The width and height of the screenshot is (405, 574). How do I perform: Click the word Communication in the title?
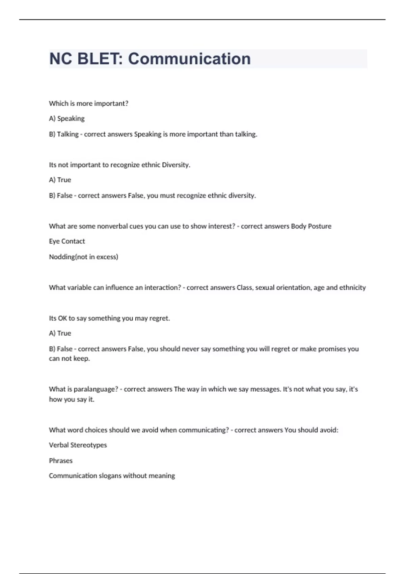tap(189, 59)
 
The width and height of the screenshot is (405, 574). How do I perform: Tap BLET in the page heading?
tap(98, 59)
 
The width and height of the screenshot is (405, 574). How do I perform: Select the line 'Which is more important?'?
tap(88, 103)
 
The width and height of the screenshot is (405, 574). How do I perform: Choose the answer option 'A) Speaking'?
tap(67, 119)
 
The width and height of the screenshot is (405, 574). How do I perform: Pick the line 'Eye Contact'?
tap(67, 241)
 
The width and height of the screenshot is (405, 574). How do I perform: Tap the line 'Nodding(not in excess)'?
tap(83, 257)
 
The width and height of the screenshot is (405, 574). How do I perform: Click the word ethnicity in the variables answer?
tap(352, 287)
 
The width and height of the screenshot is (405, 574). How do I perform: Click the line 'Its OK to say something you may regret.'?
tap(109, 318)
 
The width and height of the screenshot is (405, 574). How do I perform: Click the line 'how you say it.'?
tap(72, 399)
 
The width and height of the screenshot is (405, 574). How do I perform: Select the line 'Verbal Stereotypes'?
tap(78, 445)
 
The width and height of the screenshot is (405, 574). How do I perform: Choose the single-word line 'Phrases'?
tap(61, 461)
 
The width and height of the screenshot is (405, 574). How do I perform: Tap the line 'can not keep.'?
tap(69, 359)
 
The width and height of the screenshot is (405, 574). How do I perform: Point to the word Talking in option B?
tap(67, 134)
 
